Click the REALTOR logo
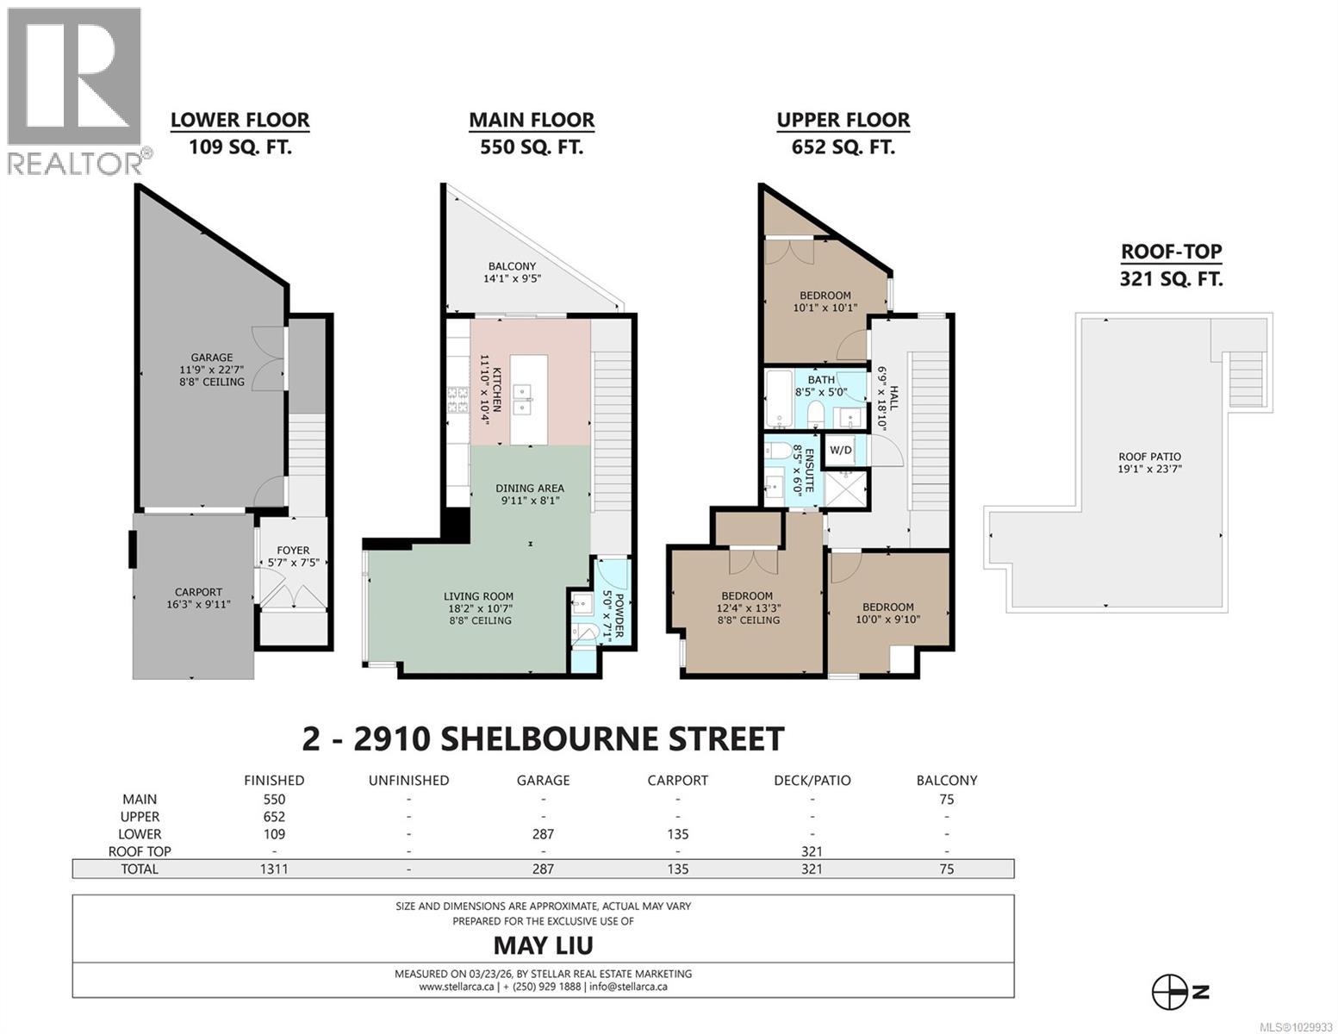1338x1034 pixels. coord(76,90)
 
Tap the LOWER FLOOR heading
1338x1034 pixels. coord(240,120)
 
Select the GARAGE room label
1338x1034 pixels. coord(212,369)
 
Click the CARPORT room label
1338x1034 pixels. coord(198,598)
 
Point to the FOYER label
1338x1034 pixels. coord(293,556)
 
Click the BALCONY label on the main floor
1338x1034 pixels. coord(512,272)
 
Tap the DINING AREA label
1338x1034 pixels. coord(529,494)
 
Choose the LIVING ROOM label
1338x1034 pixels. coord(478,607)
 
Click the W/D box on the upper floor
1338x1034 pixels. coord(840,450)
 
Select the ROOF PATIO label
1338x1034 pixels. coord(1149,463)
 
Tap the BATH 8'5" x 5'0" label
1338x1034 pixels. coord(820,385)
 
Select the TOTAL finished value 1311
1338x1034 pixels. coord(274,869)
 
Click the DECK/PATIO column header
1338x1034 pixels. coord(812,780)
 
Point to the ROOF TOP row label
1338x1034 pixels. coord(140,851)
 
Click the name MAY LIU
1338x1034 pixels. coord(543,945)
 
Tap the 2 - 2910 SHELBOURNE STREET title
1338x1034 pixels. coord(543,738)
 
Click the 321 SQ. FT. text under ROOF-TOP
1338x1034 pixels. coord(1171,278)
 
